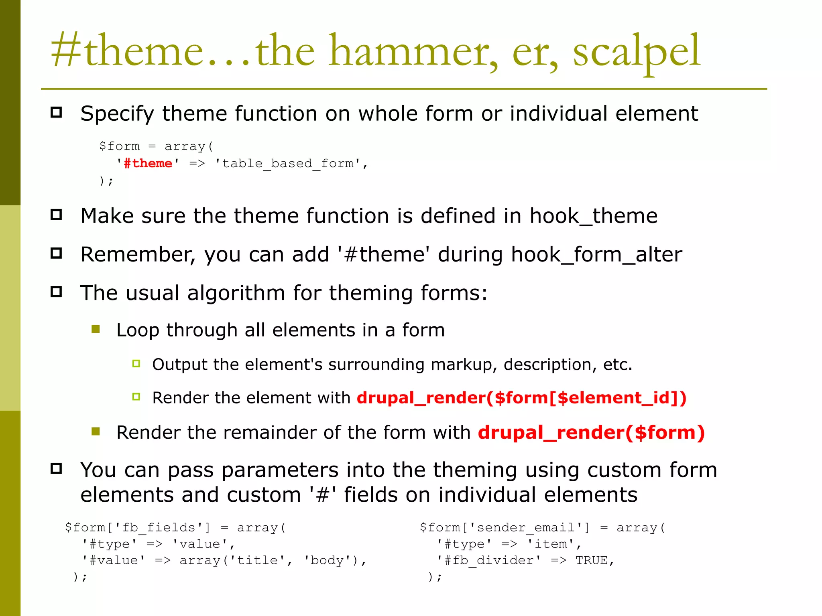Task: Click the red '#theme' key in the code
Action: (x=148, y=164)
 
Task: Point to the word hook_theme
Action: (x=593, y=216)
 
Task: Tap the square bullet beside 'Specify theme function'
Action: (x=57, y=112)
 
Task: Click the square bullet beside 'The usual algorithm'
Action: (x=57, y=292)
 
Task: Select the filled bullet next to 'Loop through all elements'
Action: (x=96, y=329)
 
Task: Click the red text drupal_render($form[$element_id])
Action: (x=521, y=398)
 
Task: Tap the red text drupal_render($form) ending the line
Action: (x=591, y=433)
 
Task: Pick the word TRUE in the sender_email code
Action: (x=591, y=560)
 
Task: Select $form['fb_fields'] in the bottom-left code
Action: (x=138, y=527)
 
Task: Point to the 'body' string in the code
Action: (x=327, y=560)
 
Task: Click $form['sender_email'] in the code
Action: (x=505, y=527)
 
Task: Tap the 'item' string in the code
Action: (x=551, y=544)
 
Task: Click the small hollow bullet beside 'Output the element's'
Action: (x=136, y=364)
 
